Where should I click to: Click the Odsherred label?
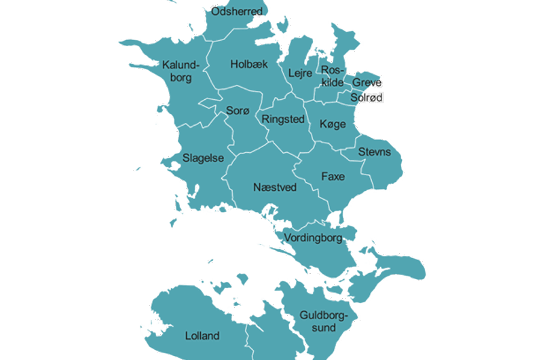[x=236, y=12]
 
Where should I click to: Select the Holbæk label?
[x=249, y=64]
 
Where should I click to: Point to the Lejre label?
[x=300, y=73]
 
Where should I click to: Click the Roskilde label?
[x=333, y=76]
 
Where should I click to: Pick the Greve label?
[x=367, y=83]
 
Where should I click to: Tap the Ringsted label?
[x=282, y=119]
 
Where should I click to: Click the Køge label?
[x=333, y=124]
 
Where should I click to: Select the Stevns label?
[x=375, y=151]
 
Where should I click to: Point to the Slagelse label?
[x=203, y=158]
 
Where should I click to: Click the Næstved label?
[x=275, y=187]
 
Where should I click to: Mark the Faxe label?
[x=333, y=177]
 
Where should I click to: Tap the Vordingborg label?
[x=314, y=238]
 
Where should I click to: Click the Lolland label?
[x=202, y=336]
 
